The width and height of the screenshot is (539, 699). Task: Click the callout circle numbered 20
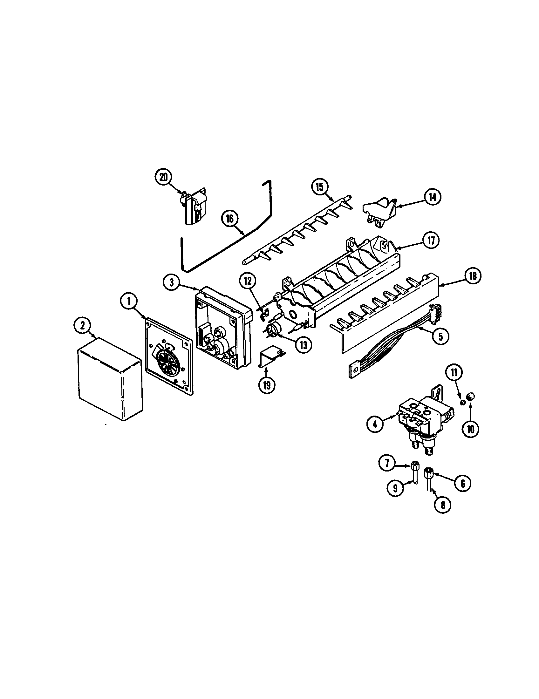pyautogui.click(x=164, y=178)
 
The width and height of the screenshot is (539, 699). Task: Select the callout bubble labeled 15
pyautogui.click(x=320, y=187)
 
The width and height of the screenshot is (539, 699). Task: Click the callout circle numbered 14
pyautogui.click(x=432, y=198)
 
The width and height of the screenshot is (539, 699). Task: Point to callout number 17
pyautogui.click(x=431, y=241)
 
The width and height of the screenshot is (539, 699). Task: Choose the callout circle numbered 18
pyautogui.click(x=473, y=276)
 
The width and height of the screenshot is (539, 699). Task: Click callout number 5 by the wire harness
pyautogui.click(x=441, y=336)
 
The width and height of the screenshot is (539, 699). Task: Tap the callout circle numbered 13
pyautogui.click(x=303, y=345)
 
